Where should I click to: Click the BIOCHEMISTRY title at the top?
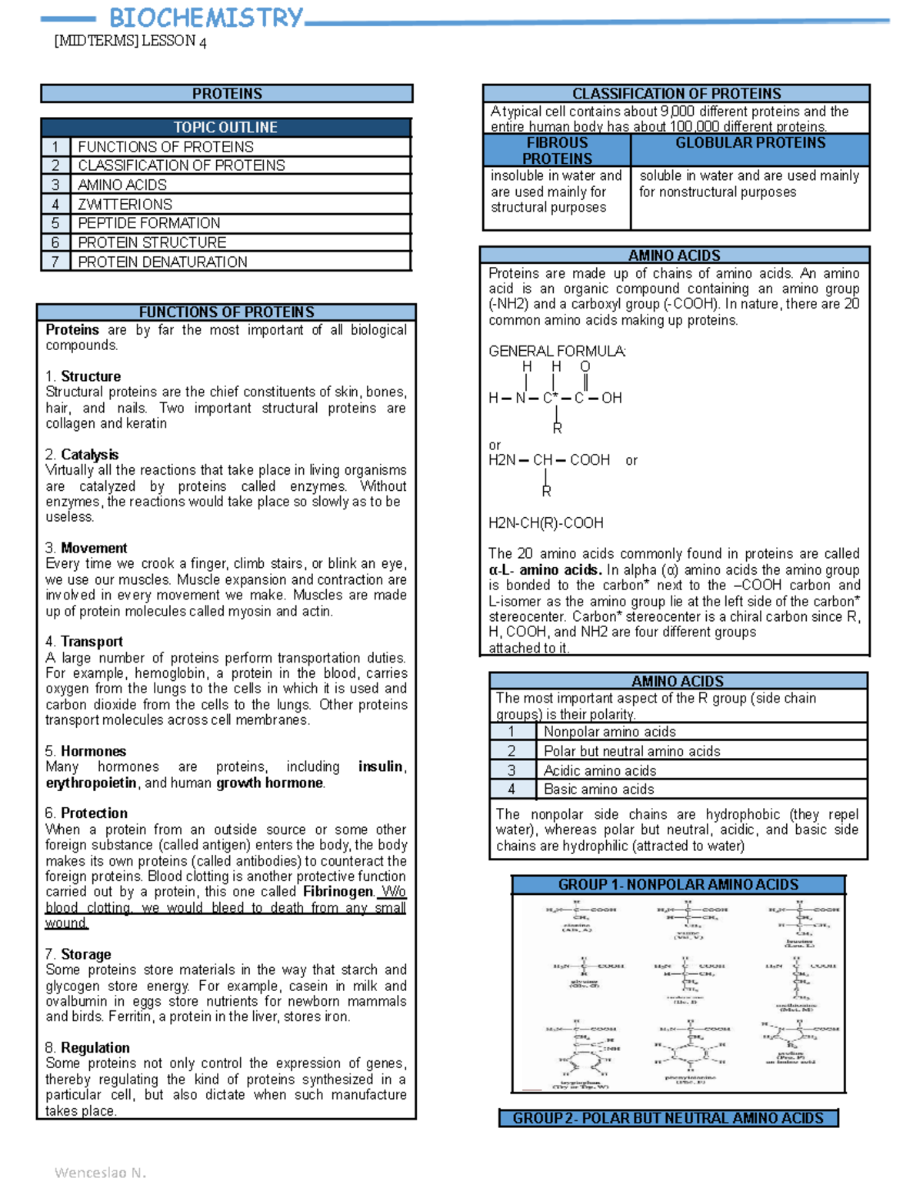pos(206,18)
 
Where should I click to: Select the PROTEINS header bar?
pos(227,94)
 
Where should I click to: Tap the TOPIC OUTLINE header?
pos(225,128)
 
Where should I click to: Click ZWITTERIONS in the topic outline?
pos(125,205)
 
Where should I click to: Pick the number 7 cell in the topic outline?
pos(55,262)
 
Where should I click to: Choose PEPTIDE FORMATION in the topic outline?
pos(149,223)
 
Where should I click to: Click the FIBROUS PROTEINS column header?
pos(557,151)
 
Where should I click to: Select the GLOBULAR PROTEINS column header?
pos(750,143)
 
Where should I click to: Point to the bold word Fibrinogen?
pos(338,892)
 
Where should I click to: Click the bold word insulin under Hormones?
pos(381,767)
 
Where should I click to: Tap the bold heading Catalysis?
pos(89,455)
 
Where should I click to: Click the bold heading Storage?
pos(85,955)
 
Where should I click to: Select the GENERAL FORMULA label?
pos(557,352)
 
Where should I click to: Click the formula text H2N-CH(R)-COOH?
pos(546,523)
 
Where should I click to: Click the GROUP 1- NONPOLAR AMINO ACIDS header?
pos(678,885)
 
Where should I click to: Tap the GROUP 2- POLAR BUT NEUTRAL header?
pos(668,1118)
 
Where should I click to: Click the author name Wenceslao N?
pos(100,1173)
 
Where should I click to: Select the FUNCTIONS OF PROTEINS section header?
pos(226,312)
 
